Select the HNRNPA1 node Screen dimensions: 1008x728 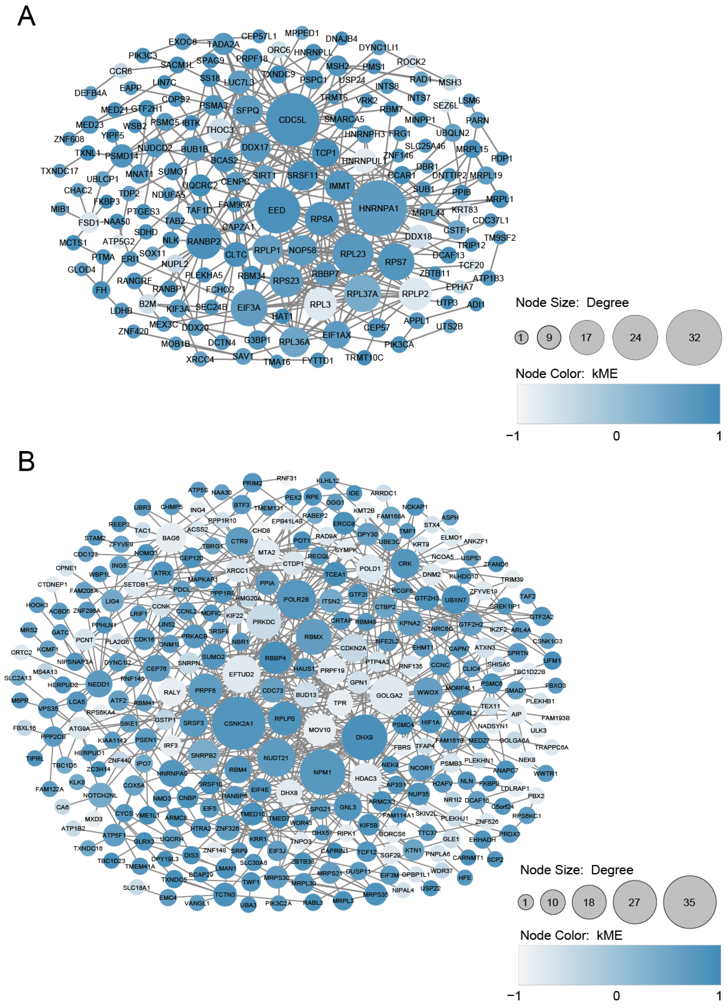378,208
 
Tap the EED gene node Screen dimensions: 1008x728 277,210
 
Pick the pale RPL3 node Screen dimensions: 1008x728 320,304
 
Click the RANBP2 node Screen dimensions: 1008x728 204,241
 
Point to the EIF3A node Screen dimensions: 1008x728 249,307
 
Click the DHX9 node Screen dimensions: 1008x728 364,737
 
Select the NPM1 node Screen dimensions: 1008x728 322,772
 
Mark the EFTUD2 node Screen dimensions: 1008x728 241,674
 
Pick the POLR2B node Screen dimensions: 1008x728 296,599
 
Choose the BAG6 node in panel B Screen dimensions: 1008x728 171,538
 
